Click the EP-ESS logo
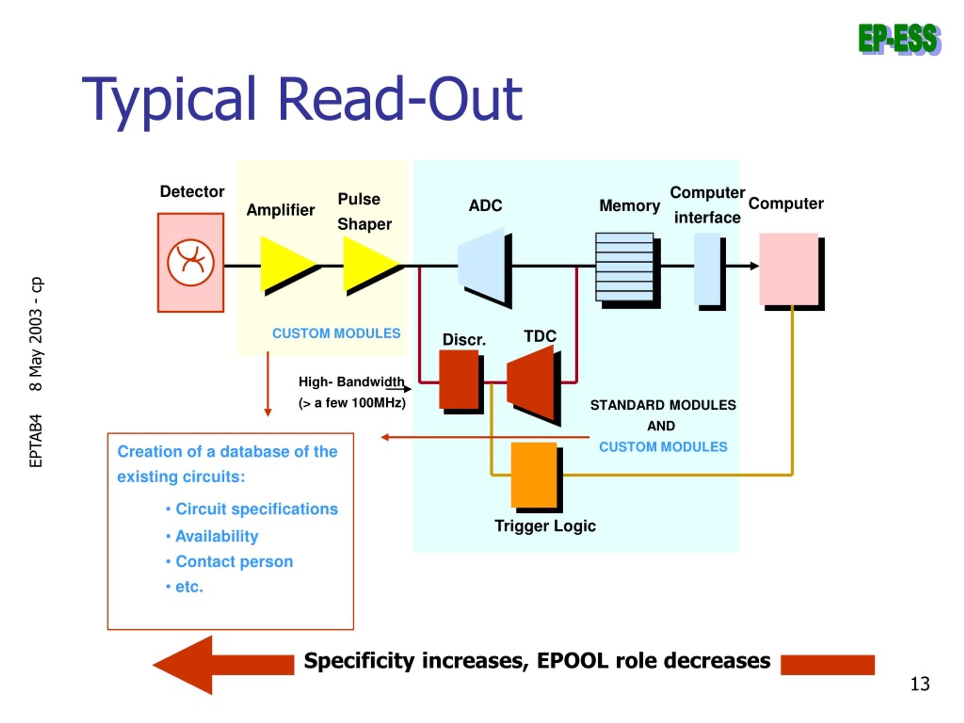[x=900, y=40]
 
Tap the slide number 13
[x=920, y=683]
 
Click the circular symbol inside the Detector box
[x=191, y=262]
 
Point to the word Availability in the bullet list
[x=217, y=536]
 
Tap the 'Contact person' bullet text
[x=234, y=562]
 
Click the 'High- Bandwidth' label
[x=351, y=382]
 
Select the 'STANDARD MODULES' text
[x=663, y=405]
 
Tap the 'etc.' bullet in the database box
[x=189, y=587]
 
